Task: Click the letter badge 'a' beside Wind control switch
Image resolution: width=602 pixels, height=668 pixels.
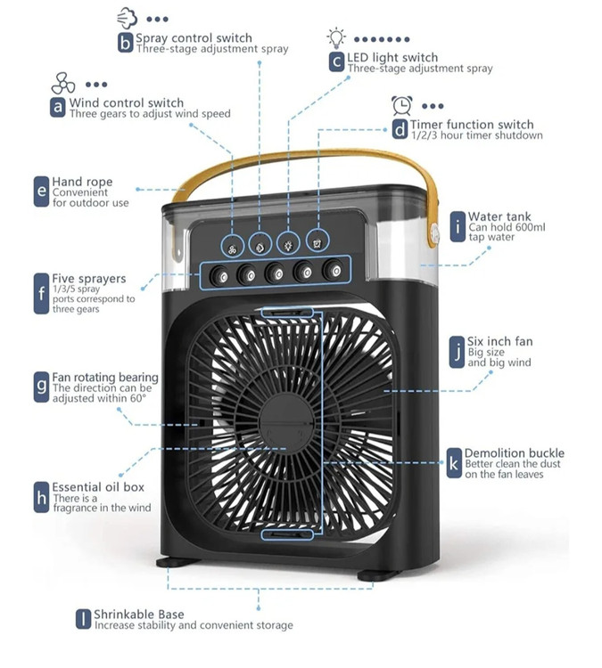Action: pos(58,108)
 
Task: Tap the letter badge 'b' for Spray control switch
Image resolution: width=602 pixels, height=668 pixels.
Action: pos(125,42)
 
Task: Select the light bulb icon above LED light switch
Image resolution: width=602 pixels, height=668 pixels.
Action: pos(335,37)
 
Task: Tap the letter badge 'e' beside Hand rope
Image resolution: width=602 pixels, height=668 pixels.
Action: pos(41,191)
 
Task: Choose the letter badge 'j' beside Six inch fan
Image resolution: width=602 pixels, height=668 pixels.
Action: pos(458,350)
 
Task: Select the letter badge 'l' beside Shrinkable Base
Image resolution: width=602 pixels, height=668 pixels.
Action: pos(83,619)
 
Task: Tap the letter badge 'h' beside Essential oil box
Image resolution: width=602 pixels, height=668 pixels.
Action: pos(41,497)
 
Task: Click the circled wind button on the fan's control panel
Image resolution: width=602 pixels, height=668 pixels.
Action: pos(233,243)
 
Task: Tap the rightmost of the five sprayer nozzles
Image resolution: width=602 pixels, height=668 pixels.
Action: pos(334,269)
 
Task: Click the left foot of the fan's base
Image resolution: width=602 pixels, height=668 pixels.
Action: pos(177,564)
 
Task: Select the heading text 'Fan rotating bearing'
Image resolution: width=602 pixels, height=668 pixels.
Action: pos(105,378)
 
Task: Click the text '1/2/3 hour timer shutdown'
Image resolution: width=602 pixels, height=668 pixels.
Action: pos(476,135)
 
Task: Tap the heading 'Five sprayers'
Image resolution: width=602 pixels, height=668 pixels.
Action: pos(89,279)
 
